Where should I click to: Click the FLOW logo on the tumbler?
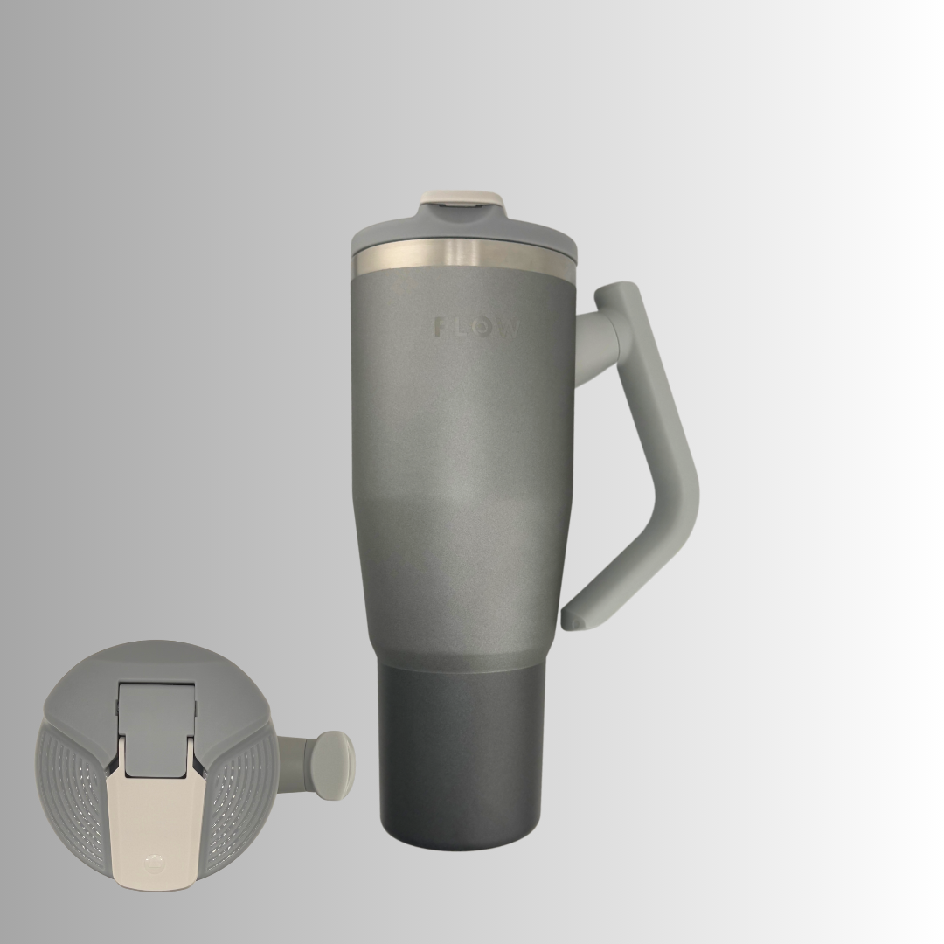tap(476, 328)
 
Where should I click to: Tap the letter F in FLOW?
tap(441, 328)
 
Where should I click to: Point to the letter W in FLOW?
tap(508, 328)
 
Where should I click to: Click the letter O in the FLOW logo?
tap(484, 328)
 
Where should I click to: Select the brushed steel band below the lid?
tap(463, 256)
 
